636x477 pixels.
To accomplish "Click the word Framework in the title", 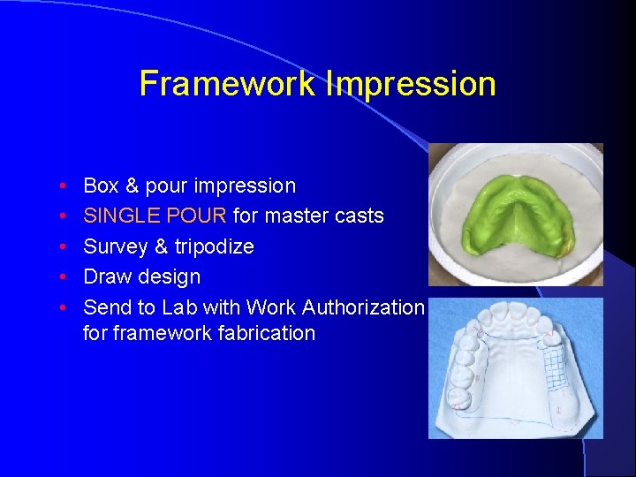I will click(227, 85).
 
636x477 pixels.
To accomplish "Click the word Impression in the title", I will click(411, 85).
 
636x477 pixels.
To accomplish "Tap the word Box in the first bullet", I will click(101, 186).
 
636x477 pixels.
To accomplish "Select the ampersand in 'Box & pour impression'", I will click(132, 186).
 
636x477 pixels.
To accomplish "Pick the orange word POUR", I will click(200, 216).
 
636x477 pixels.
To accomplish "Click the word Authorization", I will click(363, 307).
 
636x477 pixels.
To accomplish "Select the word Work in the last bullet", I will click(271, 307).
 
